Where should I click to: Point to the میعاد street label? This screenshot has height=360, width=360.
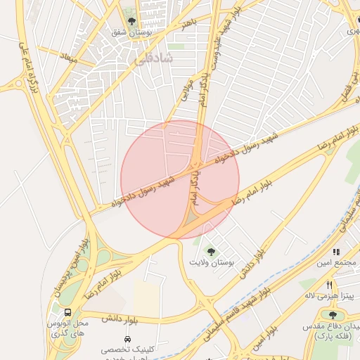[69, 56]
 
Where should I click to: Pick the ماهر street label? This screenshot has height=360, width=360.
[186, 25]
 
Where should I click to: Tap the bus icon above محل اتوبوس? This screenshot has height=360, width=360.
[67, 313]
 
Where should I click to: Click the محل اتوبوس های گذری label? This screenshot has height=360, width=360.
[65, 327]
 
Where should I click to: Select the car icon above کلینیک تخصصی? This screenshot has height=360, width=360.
[127, 340]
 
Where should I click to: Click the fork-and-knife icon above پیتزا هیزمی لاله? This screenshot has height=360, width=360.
[329, 285]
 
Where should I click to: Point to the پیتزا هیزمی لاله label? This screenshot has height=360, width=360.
[336, 296]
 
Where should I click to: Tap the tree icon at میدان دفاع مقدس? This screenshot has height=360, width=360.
[332, 315]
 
